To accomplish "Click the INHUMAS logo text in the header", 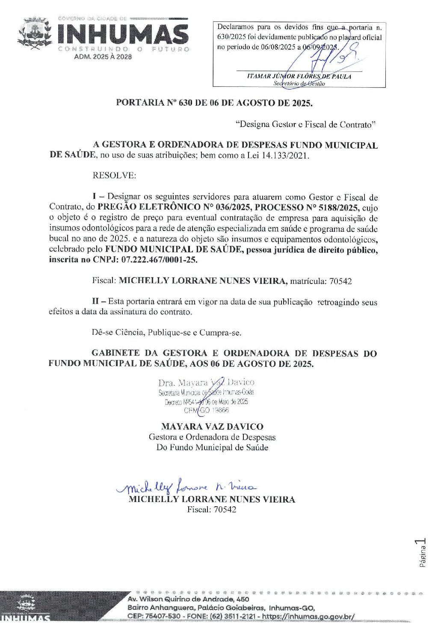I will click(x=122, y=33).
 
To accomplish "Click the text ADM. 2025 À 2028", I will click(x=103, y=57).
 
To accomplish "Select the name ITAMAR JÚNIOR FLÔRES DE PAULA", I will click(x=299, y=76).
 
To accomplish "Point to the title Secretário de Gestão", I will click(x=299, y=83).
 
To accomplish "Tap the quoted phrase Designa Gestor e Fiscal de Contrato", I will click(x=305, y=124).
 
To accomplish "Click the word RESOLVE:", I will click(x=114, y=175).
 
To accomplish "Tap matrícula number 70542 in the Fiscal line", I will click(x=341, y=281).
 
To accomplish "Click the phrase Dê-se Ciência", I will click(x=118, y=332).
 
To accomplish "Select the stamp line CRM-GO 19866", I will click(x=206, y=410).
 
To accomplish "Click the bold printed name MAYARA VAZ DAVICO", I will click(x=212, y=426).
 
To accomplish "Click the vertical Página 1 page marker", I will click(x=422, y=553).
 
